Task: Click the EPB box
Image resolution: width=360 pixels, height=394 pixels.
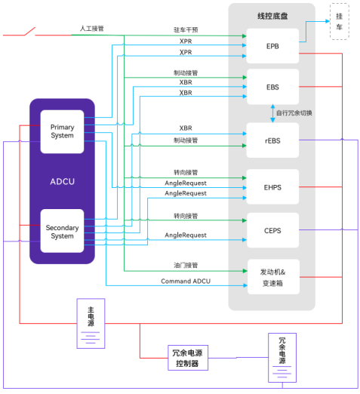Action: (272, 46)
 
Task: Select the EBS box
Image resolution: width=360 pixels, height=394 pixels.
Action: (272, 87)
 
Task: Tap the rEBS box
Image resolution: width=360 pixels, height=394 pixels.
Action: (272, 140)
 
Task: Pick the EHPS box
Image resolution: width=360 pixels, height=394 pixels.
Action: (272, 186)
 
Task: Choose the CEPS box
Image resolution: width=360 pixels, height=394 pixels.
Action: (272, 230)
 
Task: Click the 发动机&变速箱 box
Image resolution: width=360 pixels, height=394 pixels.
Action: (272, 277)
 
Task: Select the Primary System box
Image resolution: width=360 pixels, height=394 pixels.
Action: (62, 131)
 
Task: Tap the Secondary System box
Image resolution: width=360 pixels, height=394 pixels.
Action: (62, 231)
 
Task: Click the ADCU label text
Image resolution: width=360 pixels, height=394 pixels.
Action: (62, 181)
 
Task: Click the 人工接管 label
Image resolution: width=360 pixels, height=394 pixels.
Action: (91, 29)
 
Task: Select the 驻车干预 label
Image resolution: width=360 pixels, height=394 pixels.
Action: (186, 30)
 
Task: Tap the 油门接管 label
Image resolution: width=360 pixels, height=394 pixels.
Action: (186, 265)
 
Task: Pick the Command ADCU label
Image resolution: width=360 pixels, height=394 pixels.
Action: (186, 281)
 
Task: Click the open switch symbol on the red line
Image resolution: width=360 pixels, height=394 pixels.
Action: (28, 32)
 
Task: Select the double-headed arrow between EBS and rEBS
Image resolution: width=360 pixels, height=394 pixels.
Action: (272, 113)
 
